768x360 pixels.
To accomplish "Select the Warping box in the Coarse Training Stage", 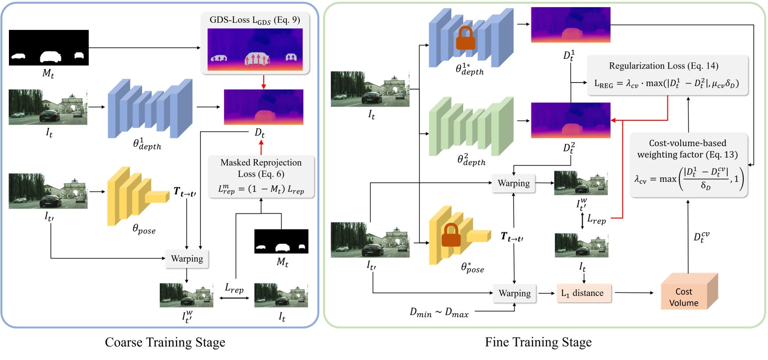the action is (187, 258).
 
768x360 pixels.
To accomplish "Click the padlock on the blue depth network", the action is (466, 38).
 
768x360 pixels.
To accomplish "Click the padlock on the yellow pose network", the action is (451, 235).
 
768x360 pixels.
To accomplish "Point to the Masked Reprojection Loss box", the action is (261, 177).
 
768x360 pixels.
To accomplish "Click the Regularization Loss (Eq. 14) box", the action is (667, 75).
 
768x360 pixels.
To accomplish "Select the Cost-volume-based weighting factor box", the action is (688, 164).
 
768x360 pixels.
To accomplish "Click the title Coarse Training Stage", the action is (165, 342).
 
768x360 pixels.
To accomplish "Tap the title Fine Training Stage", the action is (538, 342).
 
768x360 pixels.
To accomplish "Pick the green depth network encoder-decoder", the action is (470, 127).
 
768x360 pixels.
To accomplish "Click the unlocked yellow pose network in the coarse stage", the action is (138, 196).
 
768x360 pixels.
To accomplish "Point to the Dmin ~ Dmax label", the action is (439, 313).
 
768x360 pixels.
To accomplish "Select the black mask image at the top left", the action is (49, 48).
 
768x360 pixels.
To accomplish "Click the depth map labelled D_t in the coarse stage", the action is (264, 107).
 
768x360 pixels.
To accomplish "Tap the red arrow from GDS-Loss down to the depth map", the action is (263, 82).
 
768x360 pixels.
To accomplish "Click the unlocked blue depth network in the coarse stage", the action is (150, 109).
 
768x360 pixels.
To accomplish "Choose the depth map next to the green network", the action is (571, 120).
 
